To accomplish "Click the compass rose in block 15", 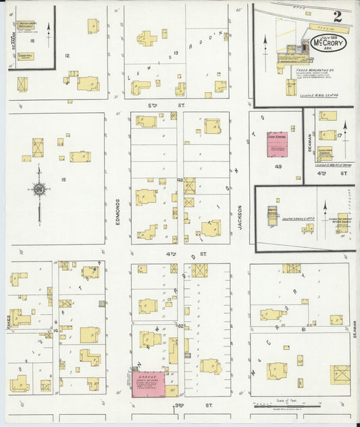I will point(39,189).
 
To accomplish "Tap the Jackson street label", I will point(240,218).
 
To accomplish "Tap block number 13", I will point(176,52).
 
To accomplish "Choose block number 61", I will point(303,328).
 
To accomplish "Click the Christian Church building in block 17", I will point(328,153).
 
